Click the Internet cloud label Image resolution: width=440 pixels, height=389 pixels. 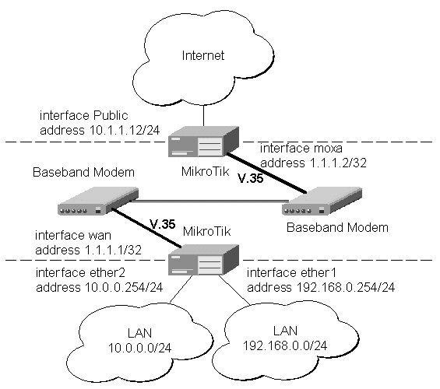coord(203,55)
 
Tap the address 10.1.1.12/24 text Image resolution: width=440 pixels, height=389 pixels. coord(100,131)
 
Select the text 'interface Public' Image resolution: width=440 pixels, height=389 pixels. coord(84,115)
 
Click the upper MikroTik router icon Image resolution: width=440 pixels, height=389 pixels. coord(203,142)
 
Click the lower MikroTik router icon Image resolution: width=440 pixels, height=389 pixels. coord(203,260)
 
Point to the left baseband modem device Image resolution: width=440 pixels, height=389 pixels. coord(98,201)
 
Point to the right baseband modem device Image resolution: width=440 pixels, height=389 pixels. coord(322,201)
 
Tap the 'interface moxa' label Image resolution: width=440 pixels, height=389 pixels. coord(301,149)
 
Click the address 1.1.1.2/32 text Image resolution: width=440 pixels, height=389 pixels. coord(313,163)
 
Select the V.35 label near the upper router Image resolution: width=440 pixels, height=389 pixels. coord(251,178)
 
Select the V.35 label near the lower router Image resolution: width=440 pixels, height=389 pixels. coord(163,224)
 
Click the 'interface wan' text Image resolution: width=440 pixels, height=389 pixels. coord(73,236)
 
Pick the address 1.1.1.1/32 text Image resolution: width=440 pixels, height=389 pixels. coord(89,250)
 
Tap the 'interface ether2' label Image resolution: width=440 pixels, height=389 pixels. coord(80,273)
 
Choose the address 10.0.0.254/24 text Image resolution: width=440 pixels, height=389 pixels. coord(100,288)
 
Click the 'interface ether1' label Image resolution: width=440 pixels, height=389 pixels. coord(291,273)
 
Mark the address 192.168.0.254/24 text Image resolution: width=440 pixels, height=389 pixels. coord(321,288)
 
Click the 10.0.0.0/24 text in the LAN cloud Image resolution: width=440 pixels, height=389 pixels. coord(139,348)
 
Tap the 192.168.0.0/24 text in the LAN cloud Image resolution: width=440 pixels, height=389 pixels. coord(285,346)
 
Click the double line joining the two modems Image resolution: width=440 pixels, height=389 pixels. coord(209,201)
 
